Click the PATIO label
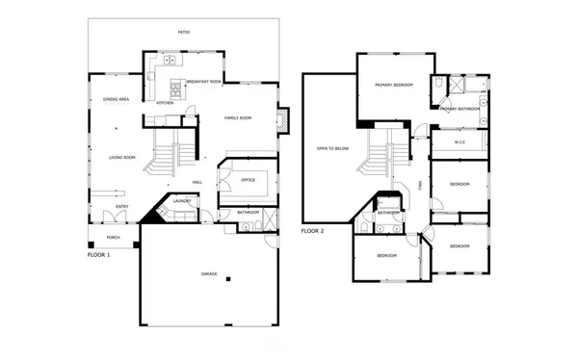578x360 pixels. coord(183,32)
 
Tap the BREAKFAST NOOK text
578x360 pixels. coord(204,82)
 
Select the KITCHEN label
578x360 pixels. coord(165,103)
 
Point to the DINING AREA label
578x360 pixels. coord(117,99)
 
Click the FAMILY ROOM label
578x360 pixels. coord(238,117)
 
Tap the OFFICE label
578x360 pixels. coord(248,179)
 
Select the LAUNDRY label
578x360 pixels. coord(182,201)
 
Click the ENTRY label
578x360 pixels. coord(122,206)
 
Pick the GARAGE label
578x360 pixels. coord(208,275)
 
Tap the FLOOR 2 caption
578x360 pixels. coord(314,231)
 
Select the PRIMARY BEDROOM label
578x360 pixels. coord(394,86)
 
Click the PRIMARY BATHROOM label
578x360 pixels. coord(460,109)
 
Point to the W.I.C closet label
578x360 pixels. coord(460,142)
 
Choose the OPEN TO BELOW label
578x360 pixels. coord(330,149)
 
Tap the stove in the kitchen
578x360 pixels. coord(175,90)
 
